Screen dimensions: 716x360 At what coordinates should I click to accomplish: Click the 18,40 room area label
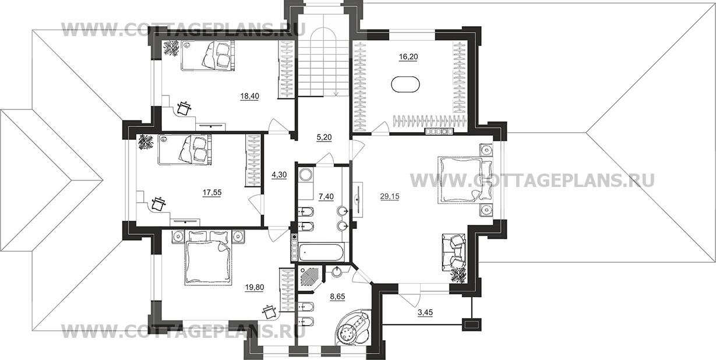click(250, 96)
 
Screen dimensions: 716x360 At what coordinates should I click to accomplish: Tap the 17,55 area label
click(212, 192)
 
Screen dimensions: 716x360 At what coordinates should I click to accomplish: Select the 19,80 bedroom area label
click(255, 287)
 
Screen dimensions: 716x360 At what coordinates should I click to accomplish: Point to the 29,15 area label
click(390, 196)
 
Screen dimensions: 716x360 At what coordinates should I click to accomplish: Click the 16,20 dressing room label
click(408, 57)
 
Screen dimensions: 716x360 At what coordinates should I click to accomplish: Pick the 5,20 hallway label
click(324, 137)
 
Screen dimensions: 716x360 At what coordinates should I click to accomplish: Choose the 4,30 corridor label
click(279, 175)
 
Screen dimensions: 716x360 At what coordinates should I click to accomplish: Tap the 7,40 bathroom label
click(326, 197)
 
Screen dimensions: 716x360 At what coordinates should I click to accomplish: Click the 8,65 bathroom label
click(337, 297)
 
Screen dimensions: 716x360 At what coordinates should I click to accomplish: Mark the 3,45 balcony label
click(425, 312)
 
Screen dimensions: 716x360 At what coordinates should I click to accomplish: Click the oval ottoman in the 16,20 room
click(405, 84)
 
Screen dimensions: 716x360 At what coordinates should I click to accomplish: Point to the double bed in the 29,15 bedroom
click(459, 179)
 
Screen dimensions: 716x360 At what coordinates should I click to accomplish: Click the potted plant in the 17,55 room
click(146, 142)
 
